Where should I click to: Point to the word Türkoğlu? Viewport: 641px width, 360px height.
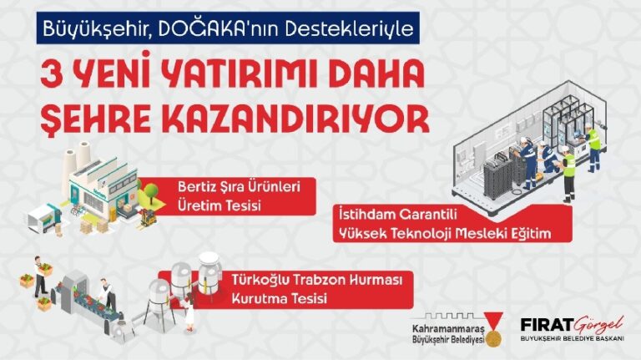coord(253,281)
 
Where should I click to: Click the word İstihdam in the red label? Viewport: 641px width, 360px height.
coord(361,214)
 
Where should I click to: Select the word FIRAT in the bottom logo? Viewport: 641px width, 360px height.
coord(543,323)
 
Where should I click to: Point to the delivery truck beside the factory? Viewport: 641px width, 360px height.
coord(39,217)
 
